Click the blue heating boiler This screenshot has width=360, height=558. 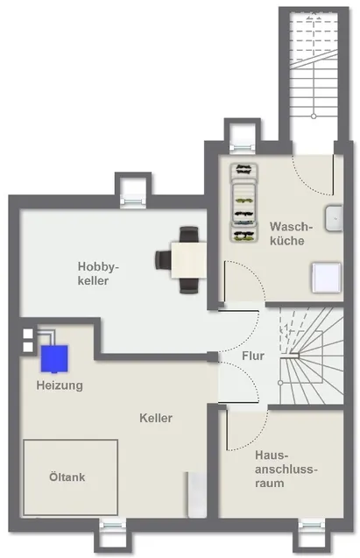pyautogui.click(x=54, y=359)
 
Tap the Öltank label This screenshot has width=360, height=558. pyautogui.click(x=67, y=477)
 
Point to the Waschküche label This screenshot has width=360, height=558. pyautogui.click(x=291, y=233)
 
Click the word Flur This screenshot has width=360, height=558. pyautogui.click(x=253, y=356)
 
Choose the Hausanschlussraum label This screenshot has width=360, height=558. pyautogui.click(x=286, y=469)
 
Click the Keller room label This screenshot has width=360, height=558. pyautogui.click(x=156, y=418)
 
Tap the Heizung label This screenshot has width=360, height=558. pyautogui.click(x=60, y=385)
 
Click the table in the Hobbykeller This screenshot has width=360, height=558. pyautogui.click(x=188, y=260)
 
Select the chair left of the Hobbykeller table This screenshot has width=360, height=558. pyautogui.click(x=163, y=260)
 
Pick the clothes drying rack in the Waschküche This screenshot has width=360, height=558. pyautogui.click(x=244, y=203)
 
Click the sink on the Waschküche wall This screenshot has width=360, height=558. pyautogui.click(x=334, y=218)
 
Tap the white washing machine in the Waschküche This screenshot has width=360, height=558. pyautogui.click(x=327, y=278)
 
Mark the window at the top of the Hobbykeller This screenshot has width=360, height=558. pyautogui.click(x=133, y=201)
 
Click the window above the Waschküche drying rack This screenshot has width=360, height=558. pyautogui.click(x=243, y=148)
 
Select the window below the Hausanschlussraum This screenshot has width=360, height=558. pyautogui.click(x=311, y=525)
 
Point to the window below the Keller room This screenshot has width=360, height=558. pyautogui.click(x=112, y=525)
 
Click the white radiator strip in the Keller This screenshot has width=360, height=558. pyautogui.click(x=197, y=495)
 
